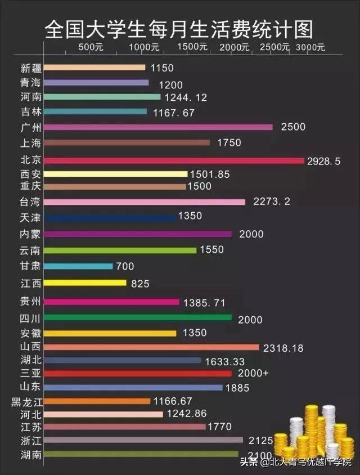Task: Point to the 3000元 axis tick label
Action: click(310, 47)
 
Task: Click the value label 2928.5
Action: click(324, 161)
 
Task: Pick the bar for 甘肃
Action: click(78, 266)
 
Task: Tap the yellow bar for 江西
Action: click(85, 283)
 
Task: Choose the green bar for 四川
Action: click(137, 317)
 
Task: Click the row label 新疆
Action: click(30, 68)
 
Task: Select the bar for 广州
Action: click(157, 127)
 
